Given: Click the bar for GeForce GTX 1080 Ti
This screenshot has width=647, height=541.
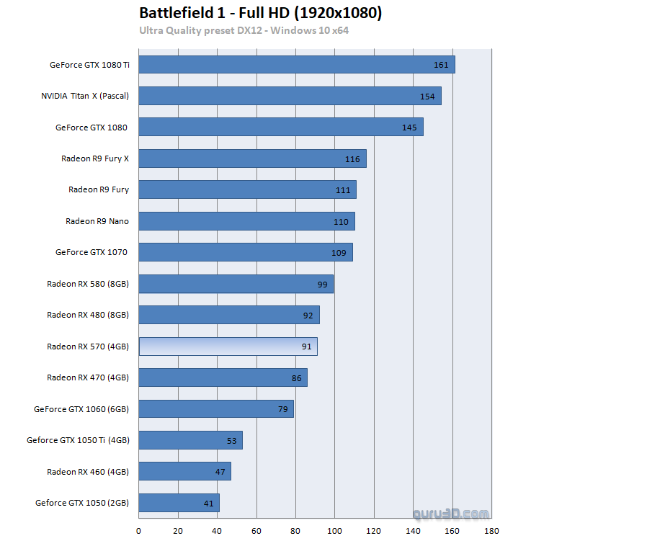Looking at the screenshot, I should (x=296, y=65).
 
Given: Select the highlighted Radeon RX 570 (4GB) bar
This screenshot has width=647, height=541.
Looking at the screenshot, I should (x=228, y=346).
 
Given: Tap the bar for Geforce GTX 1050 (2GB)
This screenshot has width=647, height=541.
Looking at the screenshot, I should (x=179, y=503).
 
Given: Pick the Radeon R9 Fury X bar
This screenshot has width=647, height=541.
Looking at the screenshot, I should (x=252, y=158).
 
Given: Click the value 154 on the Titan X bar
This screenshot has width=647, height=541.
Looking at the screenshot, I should (x=428, y=97).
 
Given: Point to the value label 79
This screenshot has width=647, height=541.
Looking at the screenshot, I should (x=283, y=410).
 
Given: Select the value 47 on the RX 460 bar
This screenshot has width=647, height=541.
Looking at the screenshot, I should (x=220, y=473).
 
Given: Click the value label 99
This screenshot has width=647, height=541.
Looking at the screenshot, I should (x=322, y=285).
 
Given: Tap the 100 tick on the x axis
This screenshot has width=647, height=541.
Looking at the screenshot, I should (x=335, y=531).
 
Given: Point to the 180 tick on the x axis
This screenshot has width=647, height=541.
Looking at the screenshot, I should (x=491, y=531).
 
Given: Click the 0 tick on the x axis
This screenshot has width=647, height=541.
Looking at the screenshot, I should (x=138, y=531).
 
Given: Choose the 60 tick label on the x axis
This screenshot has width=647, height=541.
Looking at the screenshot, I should (x=256, y=531).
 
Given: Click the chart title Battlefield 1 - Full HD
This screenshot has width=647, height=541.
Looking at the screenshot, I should (x=260, y=14).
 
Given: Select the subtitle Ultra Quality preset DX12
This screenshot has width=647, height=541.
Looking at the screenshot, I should (x=244, y=30).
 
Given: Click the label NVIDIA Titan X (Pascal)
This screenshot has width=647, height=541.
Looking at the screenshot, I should (x=85, y=97).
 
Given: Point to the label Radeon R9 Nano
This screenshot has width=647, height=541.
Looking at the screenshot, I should (x=97, y=221).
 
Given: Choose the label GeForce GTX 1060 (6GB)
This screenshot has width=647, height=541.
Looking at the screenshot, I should (x=81, y=409).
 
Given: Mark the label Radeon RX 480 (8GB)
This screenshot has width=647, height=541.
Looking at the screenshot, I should (x=88, y=315).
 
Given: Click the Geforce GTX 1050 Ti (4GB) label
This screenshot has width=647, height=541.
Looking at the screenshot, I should (x=78, y=440).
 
